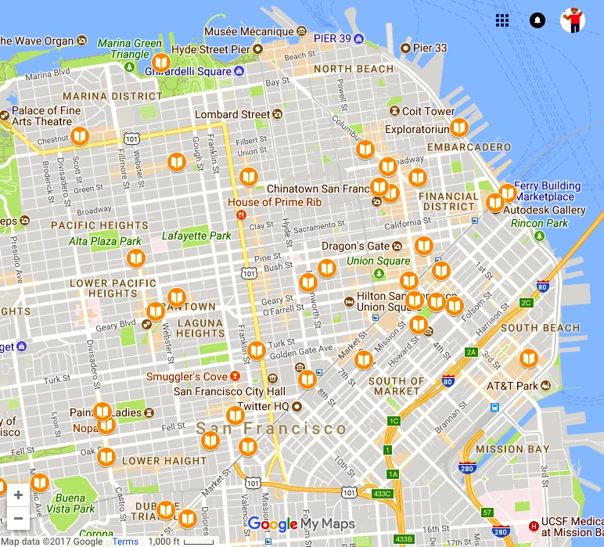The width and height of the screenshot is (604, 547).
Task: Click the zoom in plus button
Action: [x=18, y=495]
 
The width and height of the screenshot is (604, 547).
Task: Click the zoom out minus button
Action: [x=18, y=518]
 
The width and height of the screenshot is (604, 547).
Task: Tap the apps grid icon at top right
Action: [x=502, y=20]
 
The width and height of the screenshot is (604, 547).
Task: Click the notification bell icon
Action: [x=537, y=20]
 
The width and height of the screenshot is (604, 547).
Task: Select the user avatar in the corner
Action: [x=573, y=20]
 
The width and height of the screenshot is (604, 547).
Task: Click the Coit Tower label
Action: [x=428, y=112]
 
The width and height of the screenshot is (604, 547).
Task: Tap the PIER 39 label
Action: [x=332, y=38]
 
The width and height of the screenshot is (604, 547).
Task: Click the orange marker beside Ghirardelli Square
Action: [x=162, y=63]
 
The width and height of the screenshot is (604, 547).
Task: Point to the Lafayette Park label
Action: [x=196, y=236]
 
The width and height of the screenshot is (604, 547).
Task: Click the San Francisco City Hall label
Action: [x=229, y=391]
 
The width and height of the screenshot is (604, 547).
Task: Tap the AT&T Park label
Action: [x=512, y=386]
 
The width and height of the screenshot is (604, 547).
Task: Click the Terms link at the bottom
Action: [x=124, y=542]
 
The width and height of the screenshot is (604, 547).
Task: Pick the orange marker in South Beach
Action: [x=530, y=358]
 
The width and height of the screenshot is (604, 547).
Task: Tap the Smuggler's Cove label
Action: [x=187, y=377]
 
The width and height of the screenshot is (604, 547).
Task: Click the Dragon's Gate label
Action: [x=355, y=247]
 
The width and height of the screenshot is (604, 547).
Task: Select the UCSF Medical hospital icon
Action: [x=534, y=525]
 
